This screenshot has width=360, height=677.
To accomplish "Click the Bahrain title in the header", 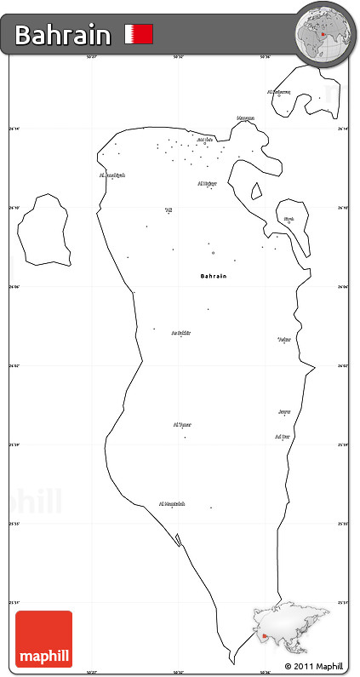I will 62,35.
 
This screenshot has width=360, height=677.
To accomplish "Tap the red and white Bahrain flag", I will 139,34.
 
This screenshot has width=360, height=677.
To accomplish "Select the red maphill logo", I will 43,639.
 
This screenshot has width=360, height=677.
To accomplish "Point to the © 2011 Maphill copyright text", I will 314,665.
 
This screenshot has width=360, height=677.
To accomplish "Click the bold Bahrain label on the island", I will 214,276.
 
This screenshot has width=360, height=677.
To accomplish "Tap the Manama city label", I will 245,118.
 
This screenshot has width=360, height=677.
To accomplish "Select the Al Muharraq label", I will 278,91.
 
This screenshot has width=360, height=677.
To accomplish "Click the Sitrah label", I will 289,218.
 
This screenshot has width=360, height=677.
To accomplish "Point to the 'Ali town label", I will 169,209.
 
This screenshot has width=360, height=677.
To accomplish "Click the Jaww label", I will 284,411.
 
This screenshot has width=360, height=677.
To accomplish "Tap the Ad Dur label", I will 283,436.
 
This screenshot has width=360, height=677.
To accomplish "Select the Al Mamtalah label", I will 173,503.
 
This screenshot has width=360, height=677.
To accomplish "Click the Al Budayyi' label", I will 112,175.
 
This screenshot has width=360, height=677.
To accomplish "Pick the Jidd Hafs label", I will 204,140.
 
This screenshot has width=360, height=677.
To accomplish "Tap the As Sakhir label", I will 180,333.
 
